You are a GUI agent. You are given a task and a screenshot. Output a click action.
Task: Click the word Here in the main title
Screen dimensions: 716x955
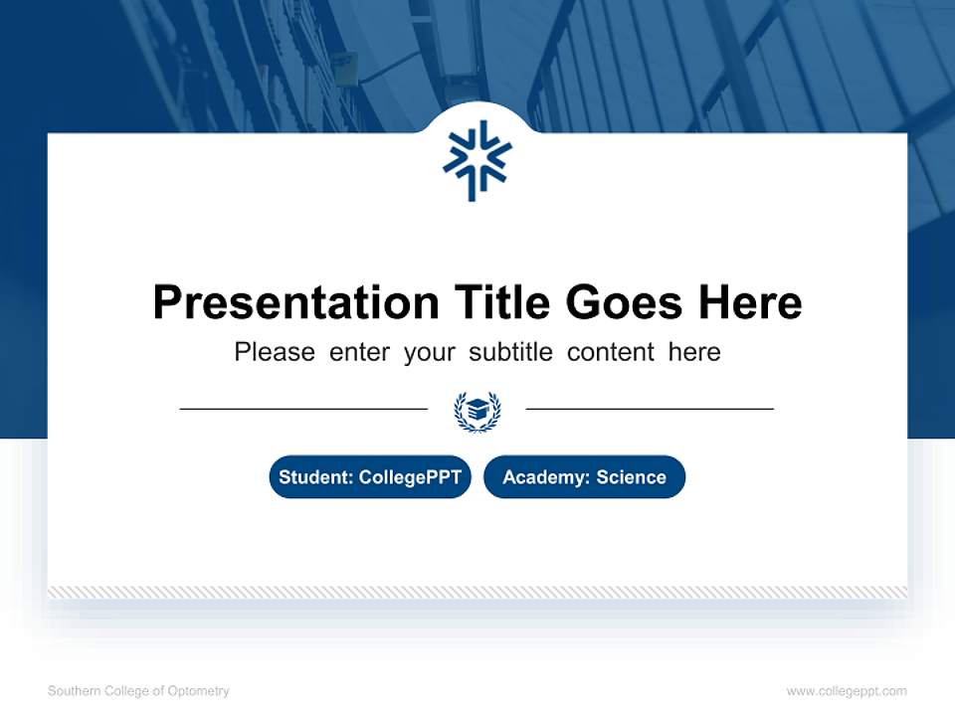748,302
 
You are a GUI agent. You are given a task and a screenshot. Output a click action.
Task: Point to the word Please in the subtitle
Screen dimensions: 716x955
275,352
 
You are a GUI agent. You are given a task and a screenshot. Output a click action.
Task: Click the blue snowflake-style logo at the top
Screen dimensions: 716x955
477,160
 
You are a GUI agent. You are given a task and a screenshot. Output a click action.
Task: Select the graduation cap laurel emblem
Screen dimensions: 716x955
477,411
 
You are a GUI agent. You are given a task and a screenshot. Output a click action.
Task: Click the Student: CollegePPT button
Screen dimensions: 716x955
370,477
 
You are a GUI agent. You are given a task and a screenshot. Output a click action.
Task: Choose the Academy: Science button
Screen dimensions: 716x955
584,477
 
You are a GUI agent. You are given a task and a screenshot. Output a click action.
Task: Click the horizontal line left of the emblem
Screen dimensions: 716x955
303,409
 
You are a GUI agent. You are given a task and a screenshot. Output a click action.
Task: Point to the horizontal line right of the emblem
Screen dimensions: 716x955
650,409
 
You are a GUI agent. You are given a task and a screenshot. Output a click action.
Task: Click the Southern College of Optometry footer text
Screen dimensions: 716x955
138,691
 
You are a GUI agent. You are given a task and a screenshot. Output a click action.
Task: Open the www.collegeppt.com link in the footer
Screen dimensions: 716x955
847,691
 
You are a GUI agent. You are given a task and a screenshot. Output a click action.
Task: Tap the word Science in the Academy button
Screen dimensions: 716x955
631,477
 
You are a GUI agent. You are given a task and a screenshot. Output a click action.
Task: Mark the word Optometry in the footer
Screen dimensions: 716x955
200,691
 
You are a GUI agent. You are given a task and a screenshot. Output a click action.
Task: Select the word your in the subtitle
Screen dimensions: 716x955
429,352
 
